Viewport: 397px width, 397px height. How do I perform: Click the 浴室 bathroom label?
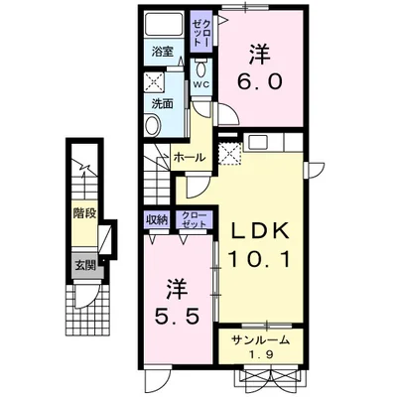pyautogui.click(x=163, y=52)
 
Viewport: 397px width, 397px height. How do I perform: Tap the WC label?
pyautogui.click(x=201, y=84)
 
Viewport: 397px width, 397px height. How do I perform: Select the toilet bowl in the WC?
pyautogui.click(x=200, y=68)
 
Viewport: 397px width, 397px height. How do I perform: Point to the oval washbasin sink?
pyautogui.click(x=153, y=125)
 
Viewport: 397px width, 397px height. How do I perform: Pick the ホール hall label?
pyautogui.click(x=189, y=158)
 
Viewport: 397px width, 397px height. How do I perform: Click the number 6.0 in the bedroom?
pyautogui.click(x=259, y=81)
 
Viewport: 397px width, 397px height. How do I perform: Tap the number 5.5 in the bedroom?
pyautogui.click(x=178, y=316)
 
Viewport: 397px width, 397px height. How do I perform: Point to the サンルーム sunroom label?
pyautogui.click(x=260, y=339)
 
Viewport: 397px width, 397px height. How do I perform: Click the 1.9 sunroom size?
pyautogui.click(x=261, y=354)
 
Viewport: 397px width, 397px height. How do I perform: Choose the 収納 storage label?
pyautogui.click(x=157, y=219)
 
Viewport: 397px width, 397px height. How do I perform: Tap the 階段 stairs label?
pyautogui.click(x=84, y=213)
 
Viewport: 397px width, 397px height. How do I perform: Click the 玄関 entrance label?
pyautogui.click(x=84, y=265)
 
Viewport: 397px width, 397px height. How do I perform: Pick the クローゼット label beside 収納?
pyautogui.click(x=194, y=219)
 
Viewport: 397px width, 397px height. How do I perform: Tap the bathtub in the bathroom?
pyautogui.click(x=164, y=24)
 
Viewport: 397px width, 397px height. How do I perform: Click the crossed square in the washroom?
pyautogui.click(x=154, y=82)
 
